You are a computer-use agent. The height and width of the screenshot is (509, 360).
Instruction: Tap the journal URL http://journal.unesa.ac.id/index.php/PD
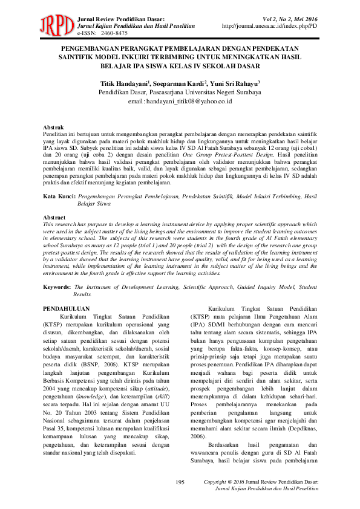(270, 27)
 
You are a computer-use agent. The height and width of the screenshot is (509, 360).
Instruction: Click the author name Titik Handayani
(125, 82)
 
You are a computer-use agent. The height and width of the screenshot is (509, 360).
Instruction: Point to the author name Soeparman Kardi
(180, 82)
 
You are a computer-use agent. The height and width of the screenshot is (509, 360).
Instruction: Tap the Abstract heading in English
(55, 216)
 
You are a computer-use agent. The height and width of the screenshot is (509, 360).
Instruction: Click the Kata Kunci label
(59, 197)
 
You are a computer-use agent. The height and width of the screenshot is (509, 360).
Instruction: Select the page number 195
(180, 481)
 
